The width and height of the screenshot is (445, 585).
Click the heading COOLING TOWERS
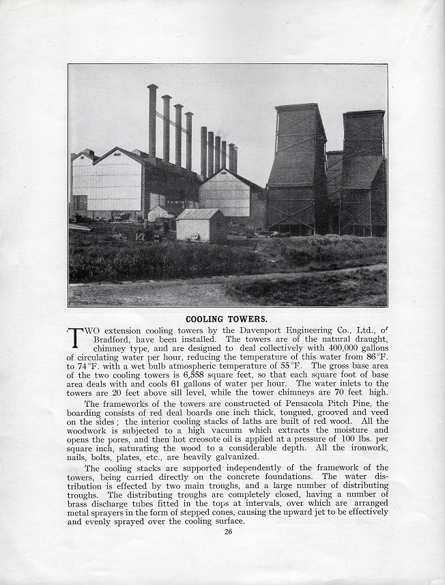coord(227,318)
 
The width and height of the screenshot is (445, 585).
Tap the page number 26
coord(228,532)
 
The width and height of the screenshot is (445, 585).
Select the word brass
coord(81,504)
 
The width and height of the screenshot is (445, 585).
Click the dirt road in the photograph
coord(150,294)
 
